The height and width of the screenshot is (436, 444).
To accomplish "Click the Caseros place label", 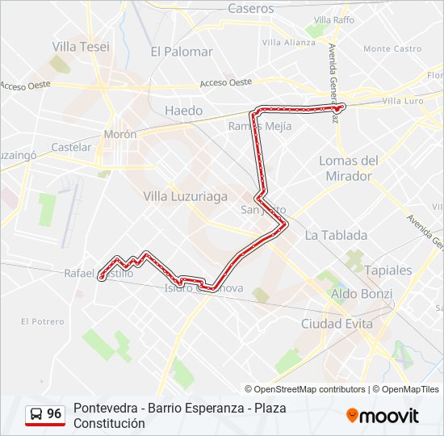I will pos(251,9).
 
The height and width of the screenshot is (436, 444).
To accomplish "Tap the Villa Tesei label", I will pos(81,47).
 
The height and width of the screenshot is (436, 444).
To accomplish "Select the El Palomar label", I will pos(182,52).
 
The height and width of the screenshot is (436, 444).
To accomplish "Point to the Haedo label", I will pos(183,111).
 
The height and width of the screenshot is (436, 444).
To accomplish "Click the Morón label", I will pos(119,135).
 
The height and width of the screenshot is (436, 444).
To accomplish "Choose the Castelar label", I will pos(71,148).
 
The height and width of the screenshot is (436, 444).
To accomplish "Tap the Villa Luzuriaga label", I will pos(185,196).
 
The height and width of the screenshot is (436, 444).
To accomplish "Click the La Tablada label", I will pos(336,236).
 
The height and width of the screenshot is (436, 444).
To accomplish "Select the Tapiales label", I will pos(387,270).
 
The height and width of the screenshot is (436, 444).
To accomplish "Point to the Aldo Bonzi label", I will pos(362,295).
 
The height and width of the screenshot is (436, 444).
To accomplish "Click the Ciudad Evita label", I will pos(337,324).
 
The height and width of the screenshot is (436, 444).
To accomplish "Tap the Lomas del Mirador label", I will pos(349,168).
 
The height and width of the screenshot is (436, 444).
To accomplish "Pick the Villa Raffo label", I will pos(334,19).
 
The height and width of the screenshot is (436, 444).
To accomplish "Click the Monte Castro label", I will pos(392,49).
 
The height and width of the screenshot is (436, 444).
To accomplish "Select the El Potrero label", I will pos(42,321).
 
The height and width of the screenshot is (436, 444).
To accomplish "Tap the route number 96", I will pos(54,414).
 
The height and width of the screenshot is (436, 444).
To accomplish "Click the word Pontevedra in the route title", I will pos(105,408).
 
